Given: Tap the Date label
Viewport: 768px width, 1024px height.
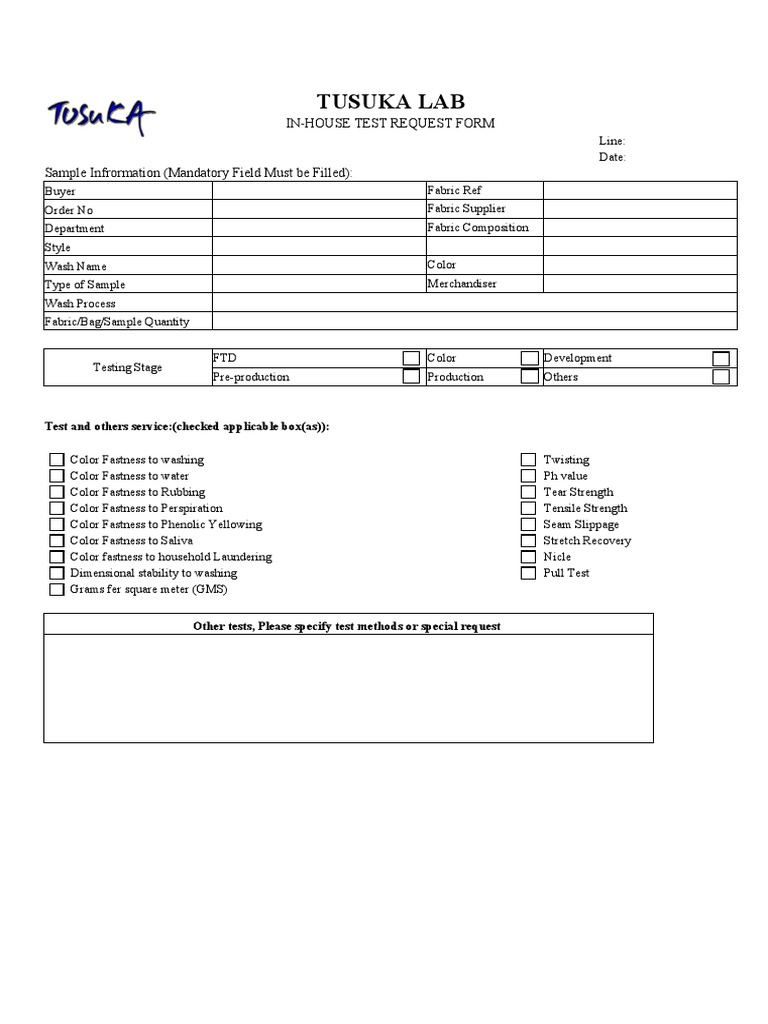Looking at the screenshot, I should pos(612,157).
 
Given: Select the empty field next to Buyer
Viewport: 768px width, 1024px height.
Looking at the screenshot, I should pos(318,191).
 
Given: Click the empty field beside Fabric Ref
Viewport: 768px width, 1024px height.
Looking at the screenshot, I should pos(639,191).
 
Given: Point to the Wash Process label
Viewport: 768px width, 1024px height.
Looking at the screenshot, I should pos(80,303).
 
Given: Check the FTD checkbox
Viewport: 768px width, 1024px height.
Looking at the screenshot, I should pos(411,358).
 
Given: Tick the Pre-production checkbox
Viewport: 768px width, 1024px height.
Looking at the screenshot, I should pos(411,377).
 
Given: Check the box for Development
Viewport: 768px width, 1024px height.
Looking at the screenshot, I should pos(721,358).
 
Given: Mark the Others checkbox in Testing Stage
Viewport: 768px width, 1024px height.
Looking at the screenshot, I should pos(721,377).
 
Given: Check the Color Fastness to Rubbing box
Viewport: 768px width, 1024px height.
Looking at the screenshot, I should pos(57,492).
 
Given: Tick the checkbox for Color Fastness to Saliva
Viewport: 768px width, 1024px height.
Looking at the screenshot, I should pos(57,541).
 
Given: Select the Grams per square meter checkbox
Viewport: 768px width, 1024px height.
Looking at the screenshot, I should pos(57,590).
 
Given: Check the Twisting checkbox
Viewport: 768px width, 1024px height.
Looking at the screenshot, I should pos(528,460).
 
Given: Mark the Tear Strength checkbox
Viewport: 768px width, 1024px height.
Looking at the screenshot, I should pos(528,492).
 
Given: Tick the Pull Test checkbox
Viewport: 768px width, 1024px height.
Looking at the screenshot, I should pos(528,573).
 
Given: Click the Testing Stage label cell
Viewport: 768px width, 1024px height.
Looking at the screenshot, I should pos(127,367).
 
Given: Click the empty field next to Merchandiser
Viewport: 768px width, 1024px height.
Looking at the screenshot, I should pos(639,284).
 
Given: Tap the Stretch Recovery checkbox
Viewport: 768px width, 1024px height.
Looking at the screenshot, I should pos(528,541).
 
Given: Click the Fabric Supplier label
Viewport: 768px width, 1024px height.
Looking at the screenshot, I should pos(466,209).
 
